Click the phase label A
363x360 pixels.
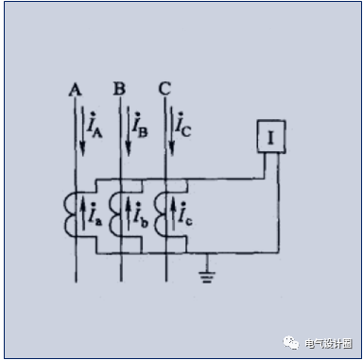click(x=75, y=89)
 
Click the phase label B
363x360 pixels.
click(x=119, y=89)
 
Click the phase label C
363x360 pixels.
click(x=164, y=89)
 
